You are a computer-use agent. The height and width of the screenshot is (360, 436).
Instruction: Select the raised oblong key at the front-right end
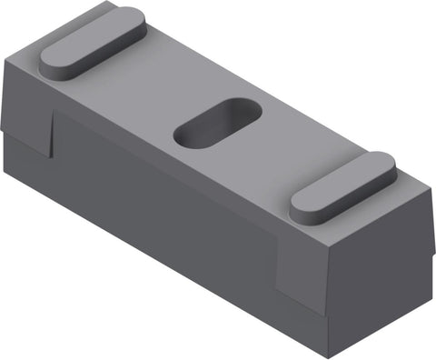pos(342,185)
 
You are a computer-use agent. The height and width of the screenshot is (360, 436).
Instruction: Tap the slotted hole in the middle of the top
pos(218,125)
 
